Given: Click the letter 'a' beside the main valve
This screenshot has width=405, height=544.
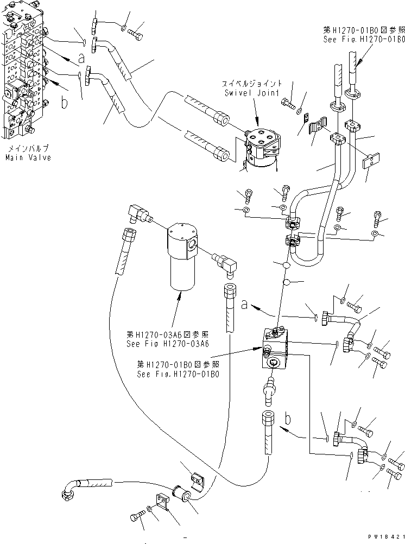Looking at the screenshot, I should click(x=81, y=56).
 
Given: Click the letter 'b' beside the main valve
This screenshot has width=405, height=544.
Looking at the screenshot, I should click(x=65, y=103).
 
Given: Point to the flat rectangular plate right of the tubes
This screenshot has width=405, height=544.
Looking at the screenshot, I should click(x=371, y=161).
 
